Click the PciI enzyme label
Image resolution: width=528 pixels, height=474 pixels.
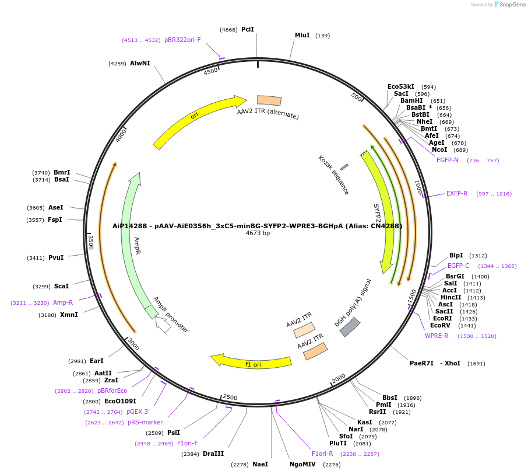[248, 29]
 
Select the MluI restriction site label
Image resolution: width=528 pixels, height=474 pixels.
[302, 36]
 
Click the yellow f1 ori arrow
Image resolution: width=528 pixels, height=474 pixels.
[252, 363]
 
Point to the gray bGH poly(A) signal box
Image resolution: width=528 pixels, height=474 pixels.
[350, 327]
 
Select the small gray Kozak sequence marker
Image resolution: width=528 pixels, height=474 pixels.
[344, 167]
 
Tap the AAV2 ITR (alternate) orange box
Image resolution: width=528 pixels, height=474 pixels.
[269, 101]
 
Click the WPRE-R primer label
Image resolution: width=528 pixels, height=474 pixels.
[437, 336]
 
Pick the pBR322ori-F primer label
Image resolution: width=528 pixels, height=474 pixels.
[182, 40]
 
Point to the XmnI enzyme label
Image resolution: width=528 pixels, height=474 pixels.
[69, 315]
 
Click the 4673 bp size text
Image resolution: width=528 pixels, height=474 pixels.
[258, 233]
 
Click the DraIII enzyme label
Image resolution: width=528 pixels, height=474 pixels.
[213, 454]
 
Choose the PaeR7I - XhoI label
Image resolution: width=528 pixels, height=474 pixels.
[435, 363]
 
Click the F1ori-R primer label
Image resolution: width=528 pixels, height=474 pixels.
[322, 454]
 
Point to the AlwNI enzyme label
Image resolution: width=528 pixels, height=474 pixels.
[140, 63]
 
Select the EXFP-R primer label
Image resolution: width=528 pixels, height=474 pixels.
[457, 193]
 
